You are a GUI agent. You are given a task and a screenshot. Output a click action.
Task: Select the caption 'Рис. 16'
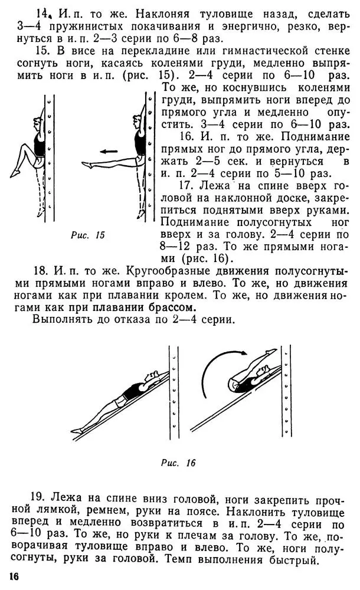[x=178, y=463]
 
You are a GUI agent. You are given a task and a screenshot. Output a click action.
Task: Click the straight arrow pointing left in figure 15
[x=108, y=151]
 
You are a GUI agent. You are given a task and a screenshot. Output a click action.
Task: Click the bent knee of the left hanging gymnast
[x=22, y=145]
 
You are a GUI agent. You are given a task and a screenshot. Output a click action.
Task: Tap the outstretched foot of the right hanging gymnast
[x=87, y=165]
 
